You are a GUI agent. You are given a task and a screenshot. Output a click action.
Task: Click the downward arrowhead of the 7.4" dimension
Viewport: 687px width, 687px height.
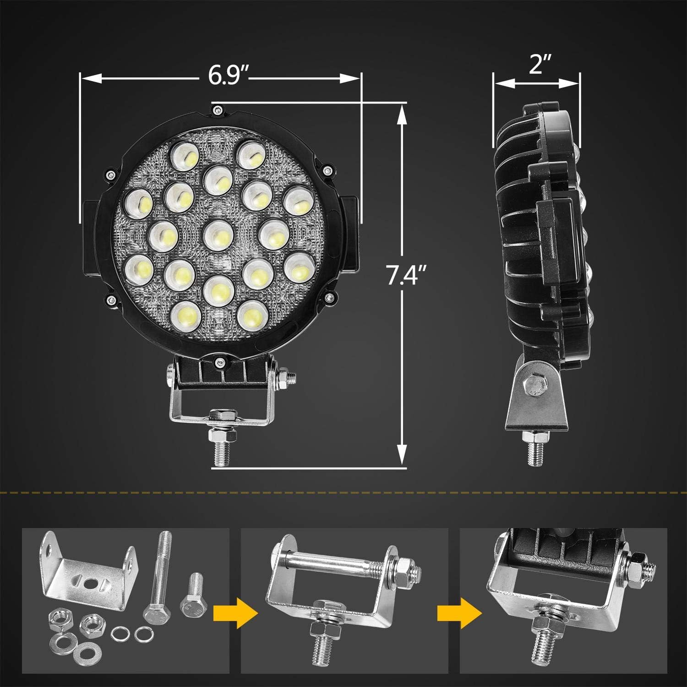point(402,455)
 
